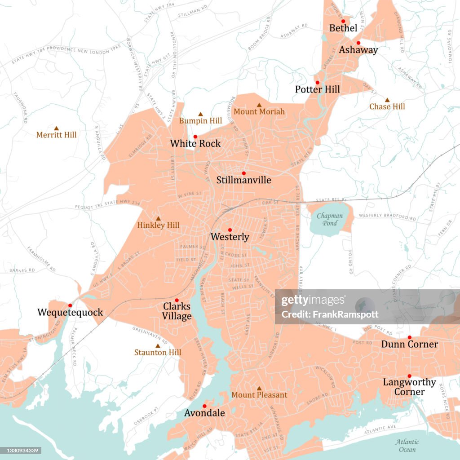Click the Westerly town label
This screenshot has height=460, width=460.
230,237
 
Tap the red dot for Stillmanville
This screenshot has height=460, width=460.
244,173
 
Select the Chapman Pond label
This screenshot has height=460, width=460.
330,219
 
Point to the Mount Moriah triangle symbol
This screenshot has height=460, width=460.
259,105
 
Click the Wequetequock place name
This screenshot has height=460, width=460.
70,312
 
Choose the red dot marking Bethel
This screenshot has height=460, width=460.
343,21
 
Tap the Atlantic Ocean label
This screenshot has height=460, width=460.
407,445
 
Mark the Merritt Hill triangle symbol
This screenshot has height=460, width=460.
56,128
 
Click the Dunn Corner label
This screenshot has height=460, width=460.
409,344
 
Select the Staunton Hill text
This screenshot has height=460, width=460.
158,353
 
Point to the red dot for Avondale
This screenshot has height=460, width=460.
204,406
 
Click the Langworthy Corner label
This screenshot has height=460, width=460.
409,387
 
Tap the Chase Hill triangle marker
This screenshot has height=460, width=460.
387,100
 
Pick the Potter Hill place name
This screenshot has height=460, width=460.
317,89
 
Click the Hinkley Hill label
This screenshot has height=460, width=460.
158,225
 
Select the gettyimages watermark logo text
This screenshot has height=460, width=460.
313,301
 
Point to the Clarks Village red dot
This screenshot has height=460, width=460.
177,300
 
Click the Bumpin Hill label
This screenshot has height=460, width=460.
200,120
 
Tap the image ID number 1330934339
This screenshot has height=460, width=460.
21,450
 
